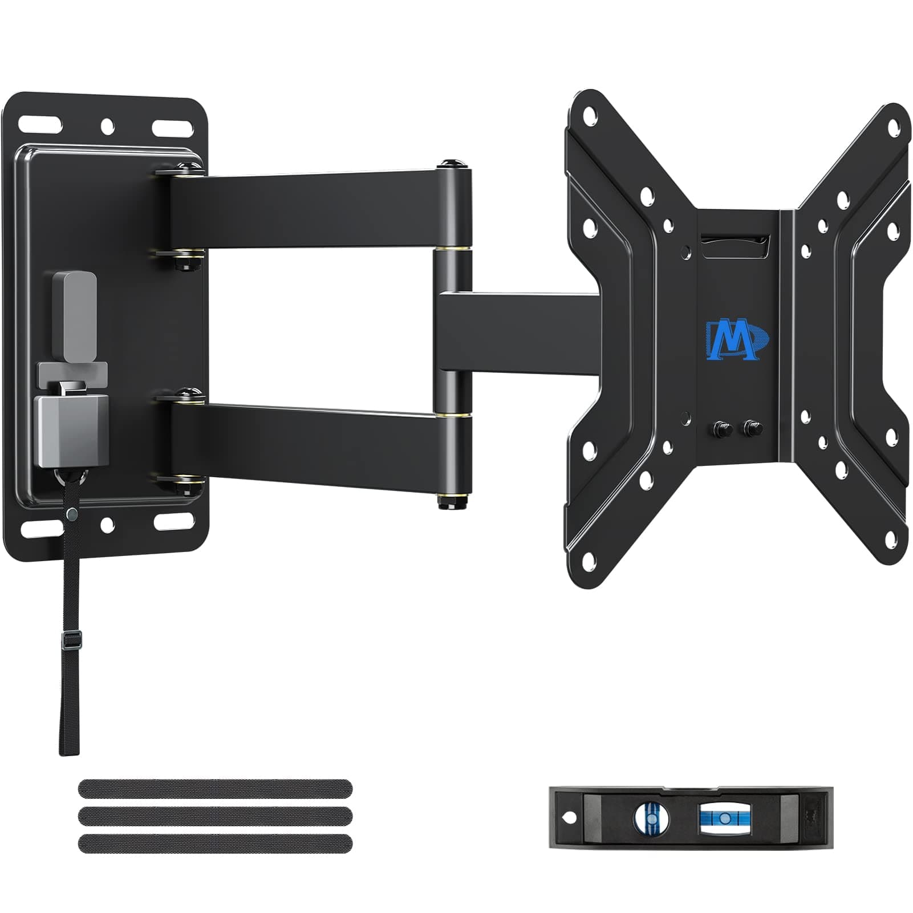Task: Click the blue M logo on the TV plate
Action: click(737, 339)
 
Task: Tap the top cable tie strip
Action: click(215, 789)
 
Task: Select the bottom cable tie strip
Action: click(215, 843)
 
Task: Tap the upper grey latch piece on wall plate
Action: click(75, 316)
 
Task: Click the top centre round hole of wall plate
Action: click(107, 125)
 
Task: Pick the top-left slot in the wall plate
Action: click(40, 125)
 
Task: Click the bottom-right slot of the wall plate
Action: click(172, 520)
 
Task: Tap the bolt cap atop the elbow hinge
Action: click(453, 165)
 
